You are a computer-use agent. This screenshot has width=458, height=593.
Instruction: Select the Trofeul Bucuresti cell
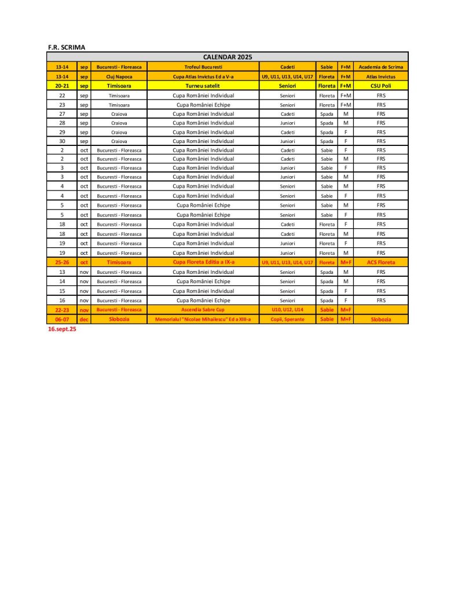[203, 67]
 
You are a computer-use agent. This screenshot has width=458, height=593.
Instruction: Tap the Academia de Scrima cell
[381, 67]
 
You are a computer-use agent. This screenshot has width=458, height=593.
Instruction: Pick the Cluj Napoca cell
[119, 76]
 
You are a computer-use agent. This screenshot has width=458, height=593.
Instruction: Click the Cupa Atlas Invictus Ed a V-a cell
[203, 76]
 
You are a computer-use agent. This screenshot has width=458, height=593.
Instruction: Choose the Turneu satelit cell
[203, 86]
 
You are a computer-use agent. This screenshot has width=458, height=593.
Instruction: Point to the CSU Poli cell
[381, 86]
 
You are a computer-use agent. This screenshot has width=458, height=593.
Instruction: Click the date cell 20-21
[62, 86]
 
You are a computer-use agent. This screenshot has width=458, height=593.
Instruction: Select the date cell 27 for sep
[62, 114]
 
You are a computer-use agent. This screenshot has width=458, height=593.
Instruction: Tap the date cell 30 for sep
[62, 141]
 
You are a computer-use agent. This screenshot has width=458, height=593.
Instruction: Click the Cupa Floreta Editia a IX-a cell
[203, 262]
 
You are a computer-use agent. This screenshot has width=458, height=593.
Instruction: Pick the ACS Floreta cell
[381, 262]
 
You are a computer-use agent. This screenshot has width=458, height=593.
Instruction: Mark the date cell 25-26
[62, 262]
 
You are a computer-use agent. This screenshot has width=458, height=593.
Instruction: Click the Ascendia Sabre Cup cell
[203, 310]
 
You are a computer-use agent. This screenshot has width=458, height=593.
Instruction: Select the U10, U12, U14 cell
[287, 310]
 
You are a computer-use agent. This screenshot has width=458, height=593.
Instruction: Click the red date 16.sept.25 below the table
[63, 329]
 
